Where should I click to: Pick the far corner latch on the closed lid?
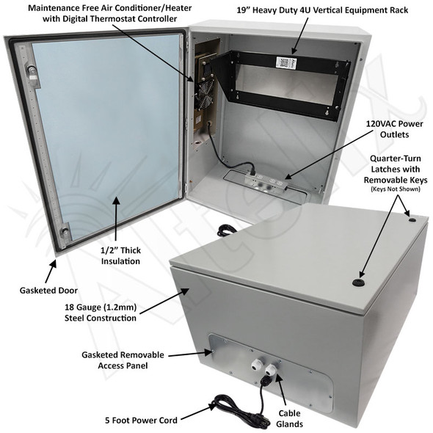tap(412, 219)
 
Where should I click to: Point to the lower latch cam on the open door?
tap(65, 233)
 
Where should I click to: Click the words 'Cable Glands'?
tap(288, 419)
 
